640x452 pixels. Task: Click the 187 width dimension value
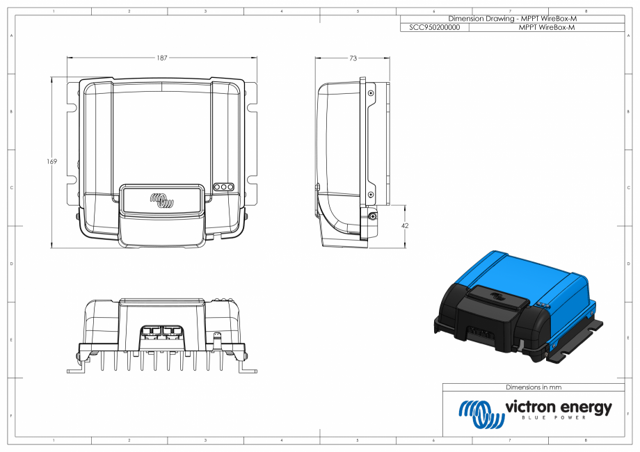[161, 58]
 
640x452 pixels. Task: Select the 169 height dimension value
[51, 161]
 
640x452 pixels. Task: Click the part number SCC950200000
[435, 28]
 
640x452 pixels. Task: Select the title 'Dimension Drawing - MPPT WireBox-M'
[513, 19]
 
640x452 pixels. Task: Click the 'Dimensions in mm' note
[533, 387]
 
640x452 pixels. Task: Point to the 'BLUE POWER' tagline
[554, 418]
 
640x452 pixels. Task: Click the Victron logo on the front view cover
[161, 201]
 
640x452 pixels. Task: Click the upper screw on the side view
[371, 93]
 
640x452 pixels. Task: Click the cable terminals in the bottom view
[161, 331]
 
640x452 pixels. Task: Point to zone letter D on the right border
[630, 264]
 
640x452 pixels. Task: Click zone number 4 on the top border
[281, 12]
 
